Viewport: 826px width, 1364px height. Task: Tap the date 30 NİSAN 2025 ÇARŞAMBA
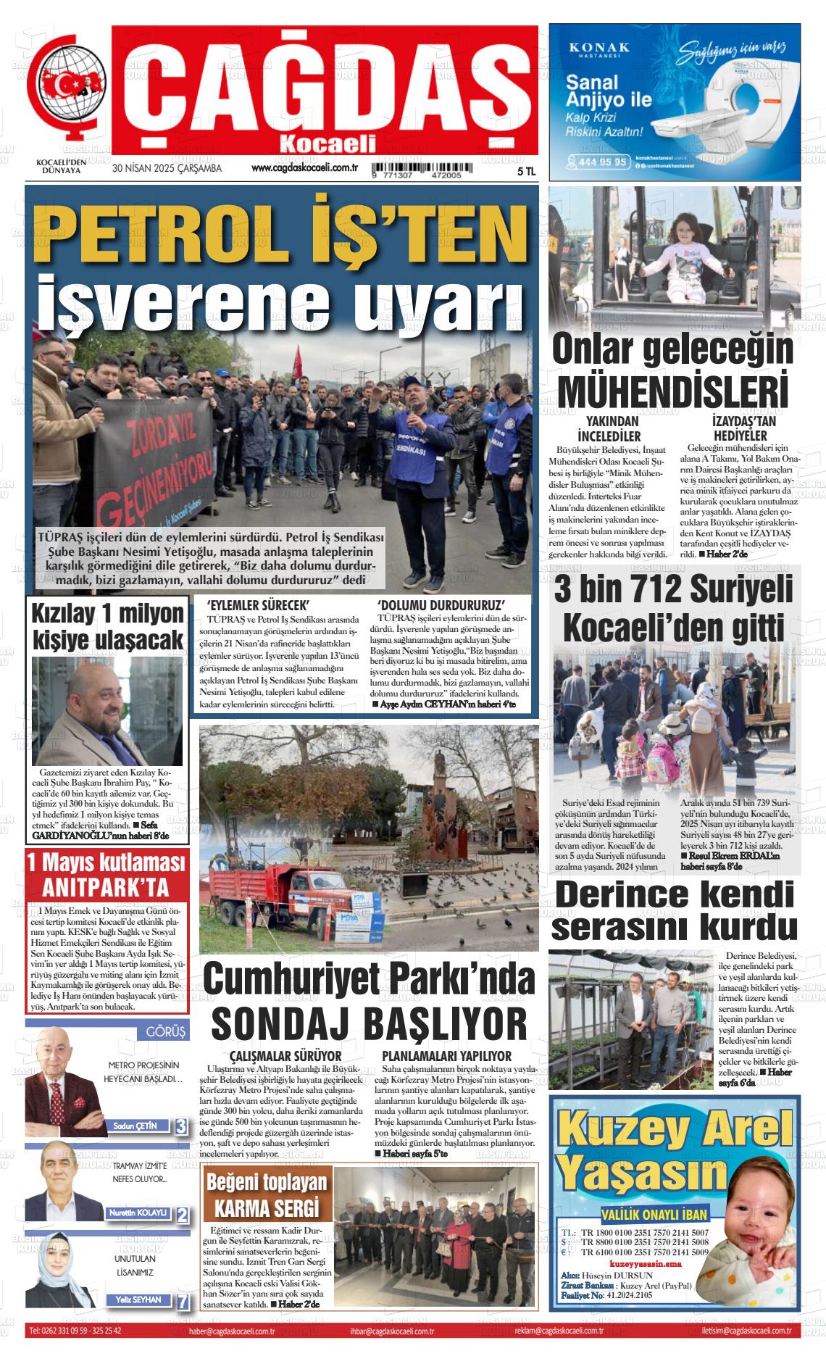coord(167,169)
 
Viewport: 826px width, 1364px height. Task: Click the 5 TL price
coord(526,172)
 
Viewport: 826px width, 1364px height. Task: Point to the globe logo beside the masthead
coord(69,90)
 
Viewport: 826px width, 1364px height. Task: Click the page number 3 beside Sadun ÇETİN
coord(180,1126)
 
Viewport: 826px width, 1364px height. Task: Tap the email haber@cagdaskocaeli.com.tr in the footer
coord(230,1331)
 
